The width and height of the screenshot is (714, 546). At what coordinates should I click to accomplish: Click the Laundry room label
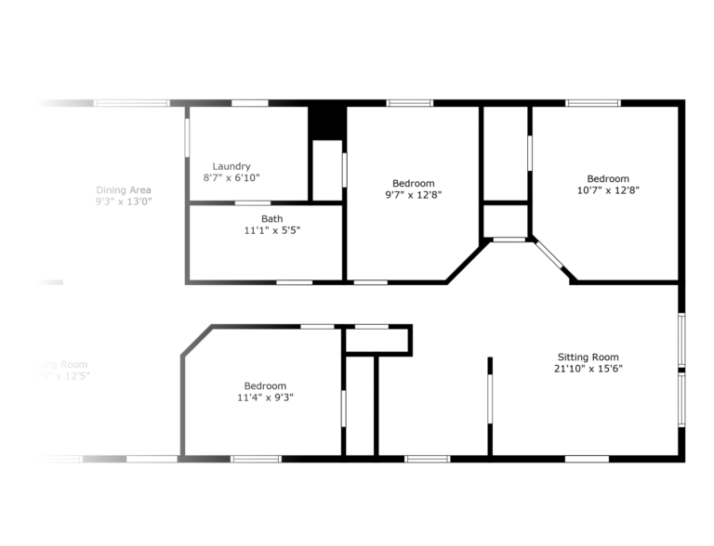coord(231,167)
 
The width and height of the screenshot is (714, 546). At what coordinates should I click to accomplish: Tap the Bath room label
coord(246,219)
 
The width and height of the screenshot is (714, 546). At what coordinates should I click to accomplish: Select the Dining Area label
coord(124,190)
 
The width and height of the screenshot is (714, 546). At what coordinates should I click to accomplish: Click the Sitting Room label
coord(588,357)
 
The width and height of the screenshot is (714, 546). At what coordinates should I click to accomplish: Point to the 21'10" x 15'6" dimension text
coord(588,369)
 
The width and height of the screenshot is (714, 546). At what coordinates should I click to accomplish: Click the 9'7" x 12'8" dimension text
coord(413,195)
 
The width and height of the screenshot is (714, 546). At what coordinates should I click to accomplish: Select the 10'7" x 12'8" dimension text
coord(607,190)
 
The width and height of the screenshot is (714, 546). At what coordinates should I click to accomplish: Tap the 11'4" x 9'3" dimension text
coord(265,397)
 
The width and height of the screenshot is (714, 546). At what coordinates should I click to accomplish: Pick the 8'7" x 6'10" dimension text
coord(231,177)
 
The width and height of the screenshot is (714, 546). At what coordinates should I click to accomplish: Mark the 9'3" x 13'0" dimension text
coord(124,201)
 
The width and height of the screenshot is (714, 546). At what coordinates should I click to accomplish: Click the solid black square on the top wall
coord(327,122)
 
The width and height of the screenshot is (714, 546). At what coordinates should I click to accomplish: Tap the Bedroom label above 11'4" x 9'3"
coord(265,386)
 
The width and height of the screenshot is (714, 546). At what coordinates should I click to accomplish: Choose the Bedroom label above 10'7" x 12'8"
coord(607,179)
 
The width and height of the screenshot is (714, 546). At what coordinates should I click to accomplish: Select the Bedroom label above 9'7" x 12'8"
coord(413,184)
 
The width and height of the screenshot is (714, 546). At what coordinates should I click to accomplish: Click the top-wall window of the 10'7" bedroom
coord(593,103)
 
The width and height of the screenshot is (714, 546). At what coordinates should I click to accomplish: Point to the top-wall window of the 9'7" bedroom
coord(410,103)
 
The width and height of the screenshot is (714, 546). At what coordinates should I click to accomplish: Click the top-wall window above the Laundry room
coord(249,103)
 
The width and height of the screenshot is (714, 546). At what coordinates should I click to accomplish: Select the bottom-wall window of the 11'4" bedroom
coord(256,458)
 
